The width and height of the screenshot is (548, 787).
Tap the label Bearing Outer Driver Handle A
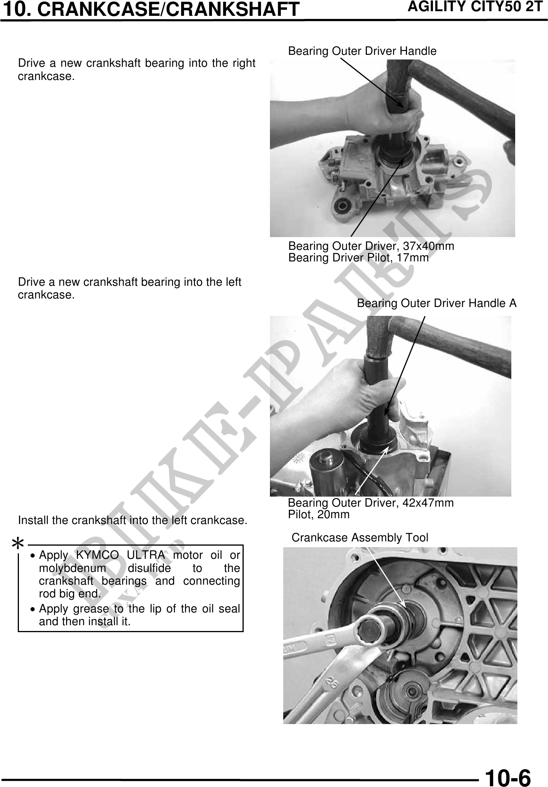pos(436,304)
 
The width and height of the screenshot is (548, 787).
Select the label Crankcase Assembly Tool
pos(360,538)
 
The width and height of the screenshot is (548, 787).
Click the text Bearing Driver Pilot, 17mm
pos(358,258)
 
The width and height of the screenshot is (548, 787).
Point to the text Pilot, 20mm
pos(319,514)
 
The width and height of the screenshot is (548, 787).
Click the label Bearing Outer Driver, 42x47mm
pos(371,503)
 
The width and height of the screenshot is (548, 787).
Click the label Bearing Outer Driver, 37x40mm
pos(371,246)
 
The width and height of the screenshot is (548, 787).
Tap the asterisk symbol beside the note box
pos(18,544)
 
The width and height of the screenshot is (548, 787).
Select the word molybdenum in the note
pos(72,568)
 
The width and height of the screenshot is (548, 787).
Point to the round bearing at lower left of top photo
pos(342,206)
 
